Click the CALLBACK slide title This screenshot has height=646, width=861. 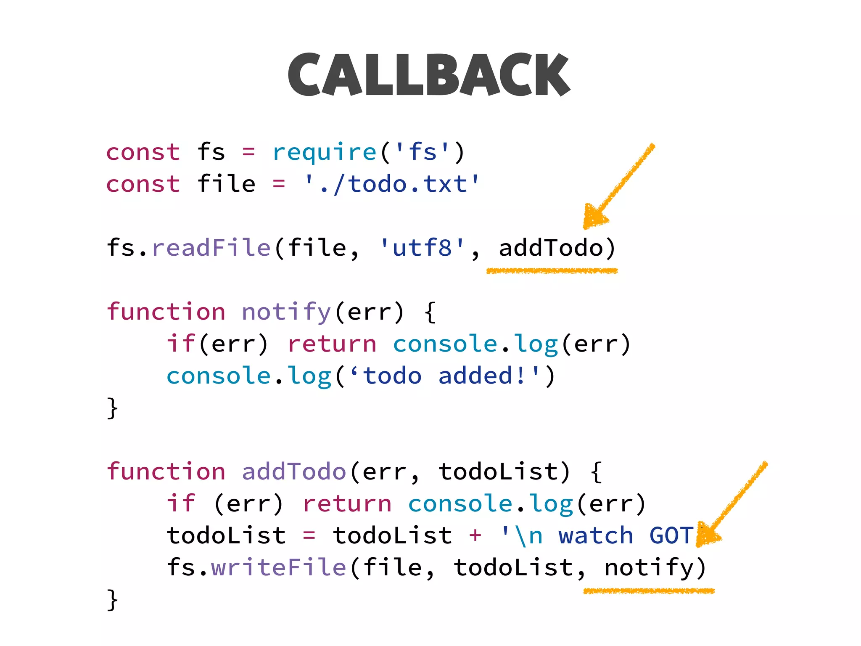[429, 75]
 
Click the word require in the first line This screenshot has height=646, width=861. [324, 152]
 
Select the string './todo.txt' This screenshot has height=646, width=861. [392, 184]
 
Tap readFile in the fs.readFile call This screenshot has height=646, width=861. [211, 248]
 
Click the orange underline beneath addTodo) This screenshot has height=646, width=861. [552, 271]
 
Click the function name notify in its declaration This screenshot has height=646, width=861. [287, 312]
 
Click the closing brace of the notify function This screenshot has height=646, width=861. [112, 408]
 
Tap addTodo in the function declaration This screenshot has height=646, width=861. [294, 471]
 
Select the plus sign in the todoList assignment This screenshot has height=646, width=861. [475, 535]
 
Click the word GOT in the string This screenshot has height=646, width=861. [671, 535]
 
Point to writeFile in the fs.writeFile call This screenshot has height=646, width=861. [278, 567]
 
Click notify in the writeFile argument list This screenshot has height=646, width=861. [649, 567]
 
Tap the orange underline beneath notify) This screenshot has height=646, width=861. [649, 591]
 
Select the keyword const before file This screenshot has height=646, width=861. [143, 184]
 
